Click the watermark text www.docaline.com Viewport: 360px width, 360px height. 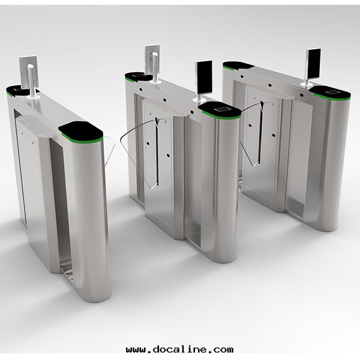click(x=180, y=349)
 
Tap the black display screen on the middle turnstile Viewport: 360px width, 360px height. click(x=205, y=78)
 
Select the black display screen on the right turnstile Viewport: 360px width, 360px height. click(x=314, y=64)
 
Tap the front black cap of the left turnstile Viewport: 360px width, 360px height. click(x=80, y=131)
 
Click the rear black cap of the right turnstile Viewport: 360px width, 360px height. click(x=238, y=65)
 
